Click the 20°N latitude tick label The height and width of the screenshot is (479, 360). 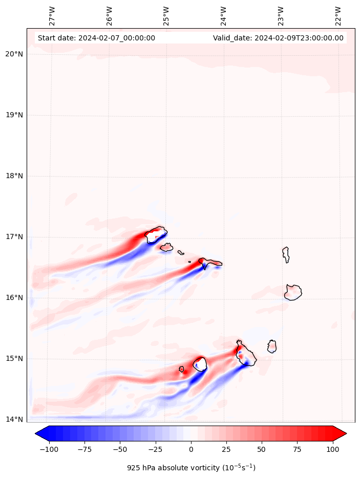(x=14, y=54)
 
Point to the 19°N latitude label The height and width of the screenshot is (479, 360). (x=14, y=115)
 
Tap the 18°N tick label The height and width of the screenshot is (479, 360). (x=14, y=176)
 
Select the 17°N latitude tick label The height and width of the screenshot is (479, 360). (x=14, y=237)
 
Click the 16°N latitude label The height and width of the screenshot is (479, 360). (x=14, y=298)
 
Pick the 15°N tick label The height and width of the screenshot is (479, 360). (x=14, y=359)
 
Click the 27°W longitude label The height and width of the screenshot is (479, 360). (x=52, y=16)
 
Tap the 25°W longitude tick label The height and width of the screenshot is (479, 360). (x=166, y=16)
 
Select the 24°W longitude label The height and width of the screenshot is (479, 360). (x=224, y=16)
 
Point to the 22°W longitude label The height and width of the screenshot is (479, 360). (x=338, y=16)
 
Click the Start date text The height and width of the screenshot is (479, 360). (x=96, y=38)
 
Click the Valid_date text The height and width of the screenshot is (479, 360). (x=278, y=38)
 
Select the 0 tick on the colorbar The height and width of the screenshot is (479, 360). (x=191, y=449)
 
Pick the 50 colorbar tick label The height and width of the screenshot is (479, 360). (x=262, y=449)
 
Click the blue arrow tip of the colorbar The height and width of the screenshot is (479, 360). (x=39, y=433)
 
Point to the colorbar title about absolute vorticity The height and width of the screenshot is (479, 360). (x=191, y=468)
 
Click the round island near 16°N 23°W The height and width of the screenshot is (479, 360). (x=293, y=292)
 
